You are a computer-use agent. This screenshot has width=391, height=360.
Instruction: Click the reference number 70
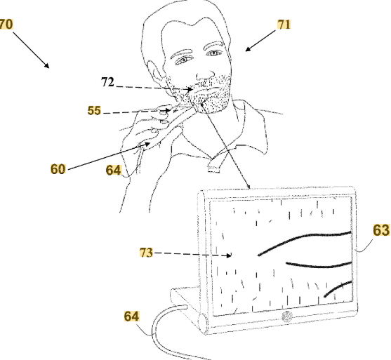tap(6, 25)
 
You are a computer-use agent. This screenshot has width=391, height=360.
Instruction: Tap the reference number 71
tap(284, 25)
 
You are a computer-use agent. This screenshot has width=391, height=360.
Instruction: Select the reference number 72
tap(107, 82)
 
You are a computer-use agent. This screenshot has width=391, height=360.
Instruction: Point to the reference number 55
tap(94, 110)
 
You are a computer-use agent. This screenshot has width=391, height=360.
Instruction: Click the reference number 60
tap(58, 169)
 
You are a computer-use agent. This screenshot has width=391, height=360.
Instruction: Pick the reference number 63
tap(381, 230)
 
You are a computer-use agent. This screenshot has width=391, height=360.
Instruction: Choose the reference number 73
tap(146, 253)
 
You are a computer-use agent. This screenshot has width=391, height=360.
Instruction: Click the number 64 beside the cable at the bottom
tap(131, 316)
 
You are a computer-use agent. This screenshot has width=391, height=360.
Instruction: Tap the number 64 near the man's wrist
tap(114, 171)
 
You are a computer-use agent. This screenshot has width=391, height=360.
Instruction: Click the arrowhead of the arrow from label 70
tap(47, 66)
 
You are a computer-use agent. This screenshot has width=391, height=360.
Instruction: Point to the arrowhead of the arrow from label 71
tap(247, 49)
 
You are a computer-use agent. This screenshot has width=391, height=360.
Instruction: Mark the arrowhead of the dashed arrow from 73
tap(229, 255)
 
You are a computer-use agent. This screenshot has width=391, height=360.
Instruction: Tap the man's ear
tap(154, 71)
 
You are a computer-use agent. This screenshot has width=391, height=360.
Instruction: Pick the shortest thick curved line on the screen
tap(338, 288)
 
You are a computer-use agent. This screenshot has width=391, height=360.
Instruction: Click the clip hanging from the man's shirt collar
tap(215, 165)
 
